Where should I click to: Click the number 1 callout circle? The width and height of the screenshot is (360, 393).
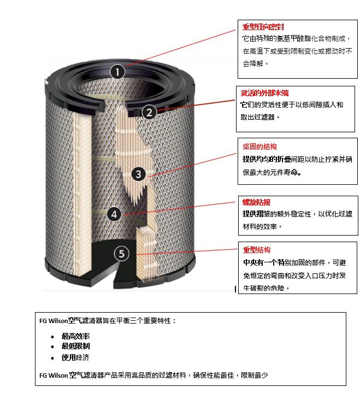[x=117, y=72]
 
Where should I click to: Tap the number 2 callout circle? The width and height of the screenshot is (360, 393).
[x=149, y=112]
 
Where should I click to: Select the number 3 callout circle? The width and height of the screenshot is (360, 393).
[x=138, y=174]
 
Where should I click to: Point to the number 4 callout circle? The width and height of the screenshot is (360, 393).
[x=114, y=215]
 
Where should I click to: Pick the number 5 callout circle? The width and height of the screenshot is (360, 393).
[x=121, y=254]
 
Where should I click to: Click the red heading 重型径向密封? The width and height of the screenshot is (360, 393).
[x=263, y=27]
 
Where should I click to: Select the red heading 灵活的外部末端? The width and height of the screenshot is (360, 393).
[x=264, y=93]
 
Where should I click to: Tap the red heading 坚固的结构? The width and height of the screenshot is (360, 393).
[x=259, y=146]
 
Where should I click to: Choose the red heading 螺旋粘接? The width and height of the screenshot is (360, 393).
[x=256, y=202]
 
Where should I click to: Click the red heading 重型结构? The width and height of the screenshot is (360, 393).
[x=257, y=250]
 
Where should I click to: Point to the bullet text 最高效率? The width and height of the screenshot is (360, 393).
[x=75, y=336]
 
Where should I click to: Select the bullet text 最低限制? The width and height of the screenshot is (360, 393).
[x=75, y=346]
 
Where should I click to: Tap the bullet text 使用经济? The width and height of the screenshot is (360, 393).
[x=75, y=357]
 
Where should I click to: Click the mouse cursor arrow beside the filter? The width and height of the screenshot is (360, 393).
[x=46, y=81]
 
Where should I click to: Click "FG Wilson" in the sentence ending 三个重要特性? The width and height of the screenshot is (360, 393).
[x=54, y=321]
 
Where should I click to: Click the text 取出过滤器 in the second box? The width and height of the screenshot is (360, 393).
[x=257, y=117]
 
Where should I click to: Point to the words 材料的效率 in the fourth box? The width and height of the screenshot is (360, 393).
[x=260, y=226]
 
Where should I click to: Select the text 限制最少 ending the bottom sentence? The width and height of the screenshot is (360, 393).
[x=255, y=375]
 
